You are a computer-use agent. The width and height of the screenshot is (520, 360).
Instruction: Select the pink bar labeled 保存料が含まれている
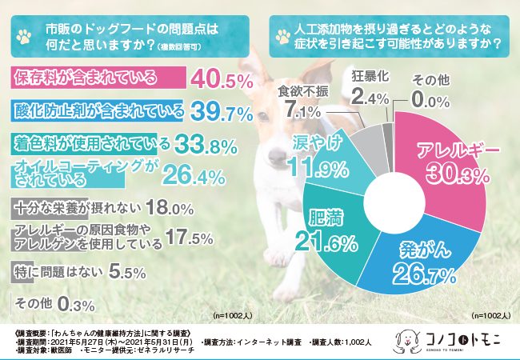(96, 78)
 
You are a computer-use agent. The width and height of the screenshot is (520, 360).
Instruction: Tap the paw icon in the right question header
(282, 35)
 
